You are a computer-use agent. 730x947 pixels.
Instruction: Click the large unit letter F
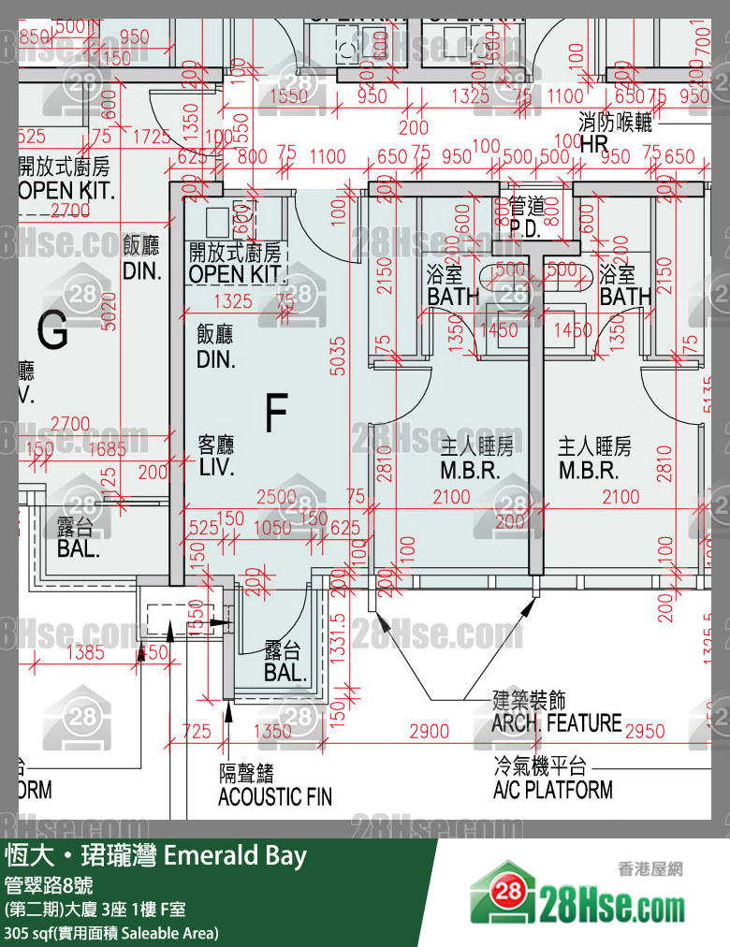click(275, 415)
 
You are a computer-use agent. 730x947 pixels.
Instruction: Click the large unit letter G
click(53, 329)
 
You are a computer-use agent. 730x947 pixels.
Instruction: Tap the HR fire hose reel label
click(594, 144)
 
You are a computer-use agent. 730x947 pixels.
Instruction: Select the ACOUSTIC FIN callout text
click(274, 797)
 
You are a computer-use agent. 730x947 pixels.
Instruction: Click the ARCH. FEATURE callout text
click(556, 722)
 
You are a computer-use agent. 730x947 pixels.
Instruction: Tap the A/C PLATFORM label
click(552, 789)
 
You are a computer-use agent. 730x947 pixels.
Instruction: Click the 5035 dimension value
click(338, 355)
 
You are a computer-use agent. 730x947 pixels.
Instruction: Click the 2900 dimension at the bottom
click(430, 731)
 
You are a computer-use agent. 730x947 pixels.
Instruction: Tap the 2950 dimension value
click(644, 731)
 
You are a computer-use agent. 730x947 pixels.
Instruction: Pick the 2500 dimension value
click(277, 498)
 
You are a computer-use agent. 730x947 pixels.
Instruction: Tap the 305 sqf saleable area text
click(110, 933)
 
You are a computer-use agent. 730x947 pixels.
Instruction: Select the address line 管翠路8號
click(48, 885)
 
